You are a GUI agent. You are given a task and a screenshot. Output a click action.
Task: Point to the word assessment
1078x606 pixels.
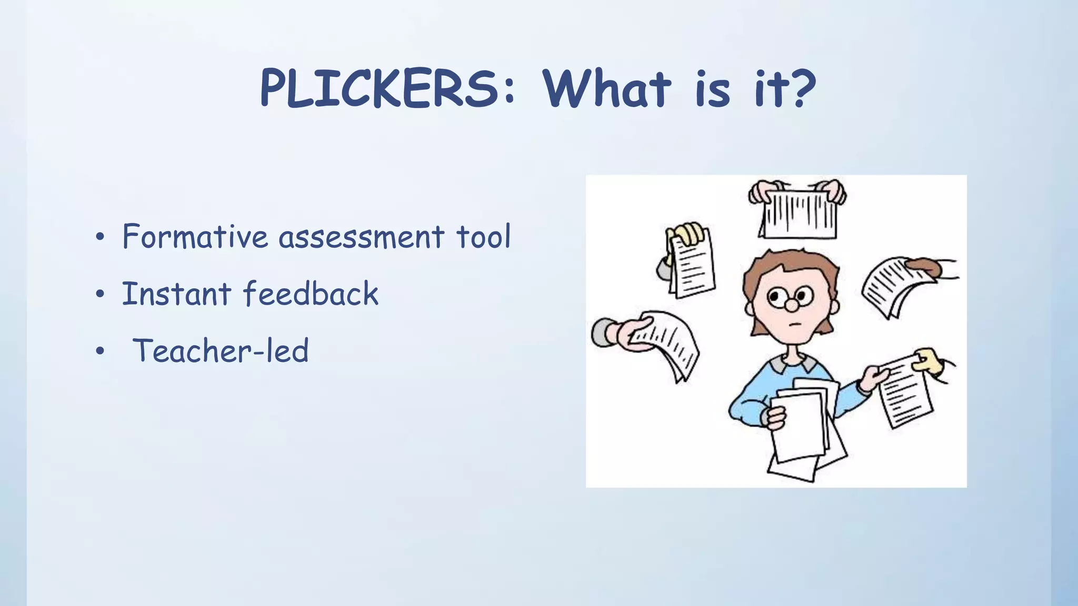[x=361, y=237]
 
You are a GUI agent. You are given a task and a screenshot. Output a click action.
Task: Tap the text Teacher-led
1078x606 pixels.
[x=220, y=350]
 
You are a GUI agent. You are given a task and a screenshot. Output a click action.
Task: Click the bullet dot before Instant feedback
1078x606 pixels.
[x=100, y=295]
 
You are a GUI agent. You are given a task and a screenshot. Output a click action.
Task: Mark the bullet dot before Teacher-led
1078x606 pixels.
[x=100, y=352]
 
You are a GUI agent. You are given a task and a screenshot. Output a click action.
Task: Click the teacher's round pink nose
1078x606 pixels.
[x=791, y=305]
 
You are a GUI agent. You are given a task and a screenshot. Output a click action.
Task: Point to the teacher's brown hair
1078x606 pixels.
[x=790, y=263]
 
